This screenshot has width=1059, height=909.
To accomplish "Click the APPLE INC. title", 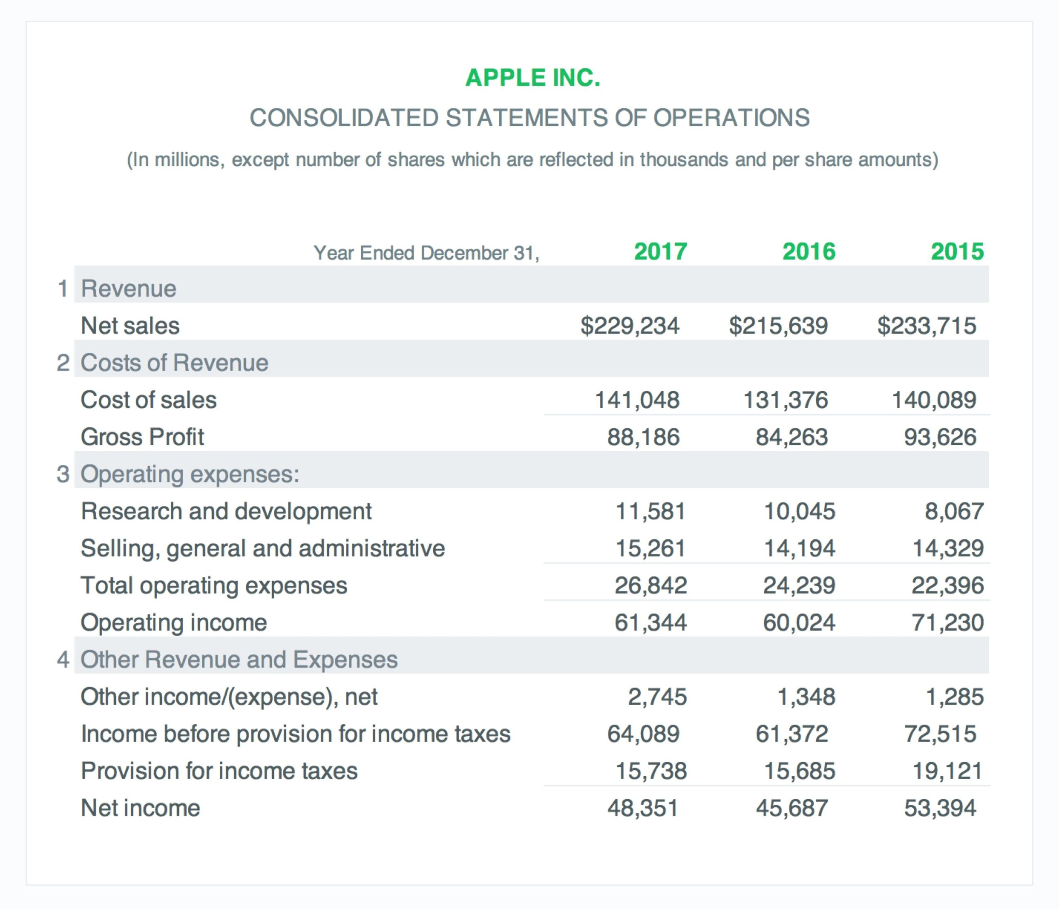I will point(532,78).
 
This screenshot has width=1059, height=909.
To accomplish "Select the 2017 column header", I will point(660,251).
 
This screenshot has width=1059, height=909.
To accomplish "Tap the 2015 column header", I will point(957,251).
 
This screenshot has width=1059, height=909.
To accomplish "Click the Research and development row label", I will point(226,512).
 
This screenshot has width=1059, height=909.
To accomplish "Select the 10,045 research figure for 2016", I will point(799,512).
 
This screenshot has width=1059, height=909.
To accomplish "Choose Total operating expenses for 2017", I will point(650,586).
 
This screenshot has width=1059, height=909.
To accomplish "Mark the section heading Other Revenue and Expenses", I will point(239,660).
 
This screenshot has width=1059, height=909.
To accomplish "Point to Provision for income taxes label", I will point(219,771).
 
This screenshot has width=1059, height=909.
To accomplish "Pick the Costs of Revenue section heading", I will point(174,363).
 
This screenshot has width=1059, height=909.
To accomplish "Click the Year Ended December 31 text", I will point(426,253).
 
